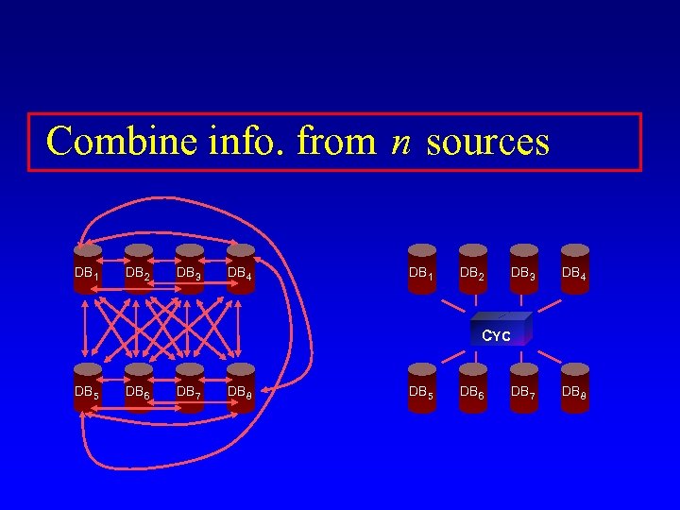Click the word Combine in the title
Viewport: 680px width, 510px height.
110,142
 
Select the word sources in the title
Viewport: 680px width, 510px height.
487,143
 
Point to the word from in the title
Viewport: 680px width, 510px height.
337,142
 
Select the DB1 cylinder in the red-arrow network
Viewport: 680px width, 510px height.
88,269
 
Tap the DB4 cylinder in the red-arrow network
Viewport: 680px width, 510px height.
241,269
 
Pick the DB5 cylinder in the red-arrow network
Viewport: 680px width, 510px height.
88,387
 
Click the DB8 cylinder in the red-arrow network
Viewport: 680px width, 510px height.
241,387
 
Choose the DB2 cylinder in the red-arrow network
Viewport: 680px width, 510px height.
139,269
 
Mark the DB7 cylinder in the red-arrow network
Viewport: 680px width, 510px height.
190,387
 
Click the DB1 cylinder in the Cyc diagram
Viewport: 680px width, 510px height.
422,269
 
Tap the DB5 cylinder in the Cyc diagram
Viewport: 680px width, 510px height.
422,387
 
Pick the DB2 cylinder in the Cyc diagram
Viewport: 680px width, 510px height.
473,269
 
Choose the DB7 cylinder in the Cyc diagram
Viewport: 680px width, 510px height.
524,387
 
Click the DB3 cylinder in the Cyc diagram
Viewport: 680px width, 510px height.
524,269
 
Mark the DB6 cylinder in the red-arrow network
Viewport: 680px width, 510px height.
139,387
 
